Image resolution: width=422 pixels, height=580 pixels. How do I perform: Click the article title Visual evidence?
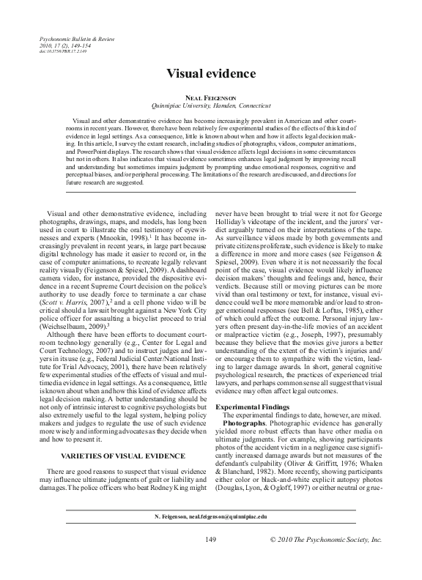click(x=210, y=74)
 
